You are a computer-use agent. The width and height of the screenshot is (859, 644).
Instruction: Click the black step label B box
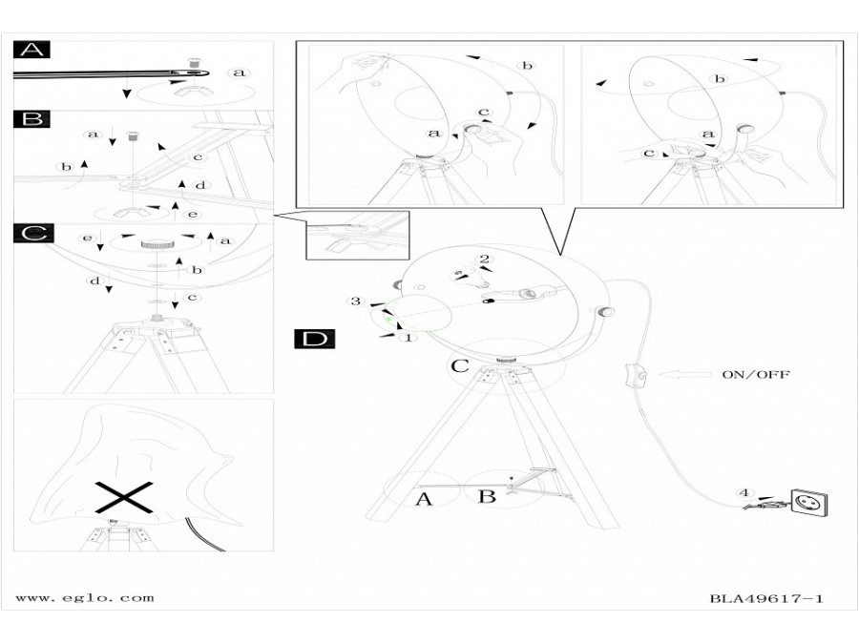pyautogui.click(x=31, y=119)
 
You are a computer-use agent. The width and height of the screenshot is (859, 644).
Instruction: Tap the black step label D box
pyautogui.click(x=315, y=339)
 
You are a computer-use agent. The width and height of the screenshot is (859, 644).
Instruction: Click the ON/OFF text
pyautogui.click(x=756, y=375)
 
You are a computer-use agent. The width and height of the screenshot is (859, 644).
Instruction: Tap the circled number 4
pyautogui.click(x=744, y=493)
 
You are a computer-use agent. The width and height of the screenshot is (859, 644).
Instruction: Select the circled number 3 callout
pyautogui.click(x=355, y=301)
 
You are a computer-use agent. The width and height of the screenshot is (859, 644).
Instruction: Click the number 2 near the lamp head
pyautogui.click(x=484, y=259)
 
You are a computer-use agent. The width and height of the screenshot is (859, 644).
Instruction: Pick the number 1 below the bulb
pyautogui.click(x=409, y=337)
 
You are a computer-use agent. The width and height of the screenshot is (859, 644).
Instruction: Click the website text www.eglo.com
pyautogui.click(x=84, y=598)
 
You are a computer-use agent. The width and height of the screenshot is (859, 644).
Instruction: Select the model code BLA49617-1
pyautogui.click(x=765, y=599)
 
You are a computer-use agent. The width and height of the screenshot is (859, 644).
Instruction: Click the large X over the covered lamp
pyautogui.click(x=124, y=496)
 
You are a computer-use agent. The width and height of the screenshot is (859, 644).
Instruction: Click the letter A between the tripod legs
pyautogui.click(x=424, y=498)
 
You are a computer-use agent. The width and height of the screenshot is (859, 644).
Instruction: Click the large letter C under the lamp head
pyautogui.click(x=459, y=365)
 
